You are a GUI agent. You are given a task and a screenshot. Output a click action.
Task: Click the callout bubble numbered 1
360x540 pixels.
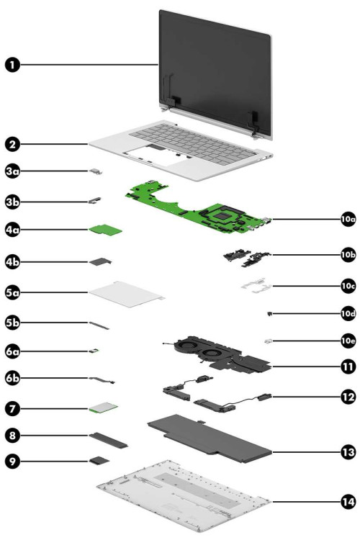13,66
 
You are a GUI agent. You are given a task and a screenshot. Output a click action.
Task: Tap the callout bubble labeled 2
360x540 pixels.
13,143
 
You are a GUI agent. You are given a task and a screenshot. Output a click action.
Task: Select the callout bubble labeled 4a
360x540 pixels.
13,230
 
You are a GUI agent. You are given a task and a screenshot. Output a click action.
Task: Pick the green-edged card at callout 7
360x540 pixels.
102,409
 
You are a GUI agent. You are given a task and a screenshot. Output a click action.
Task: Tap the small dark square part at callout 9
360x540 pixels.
99,459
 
